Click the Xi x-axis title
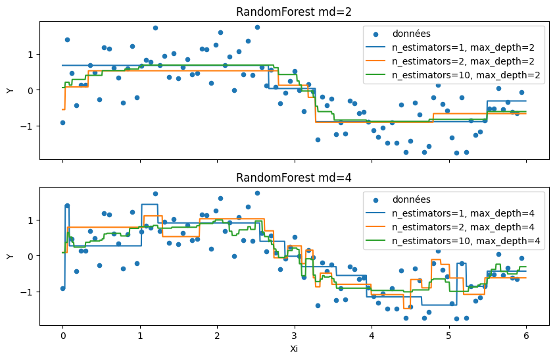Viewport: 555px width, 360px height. pos(294,349)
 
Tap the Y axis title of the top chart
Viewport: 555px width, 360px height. pos(10,90)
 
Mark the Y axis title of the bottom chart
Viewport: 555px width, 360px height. pos(10,256)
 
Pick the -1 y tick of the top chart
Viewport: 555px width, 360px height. pos(28,126)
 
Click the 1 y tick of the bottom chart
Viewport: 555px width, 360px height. pos(30,220)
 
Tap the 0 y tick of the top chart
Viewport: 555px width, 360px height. pos(30,90)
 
